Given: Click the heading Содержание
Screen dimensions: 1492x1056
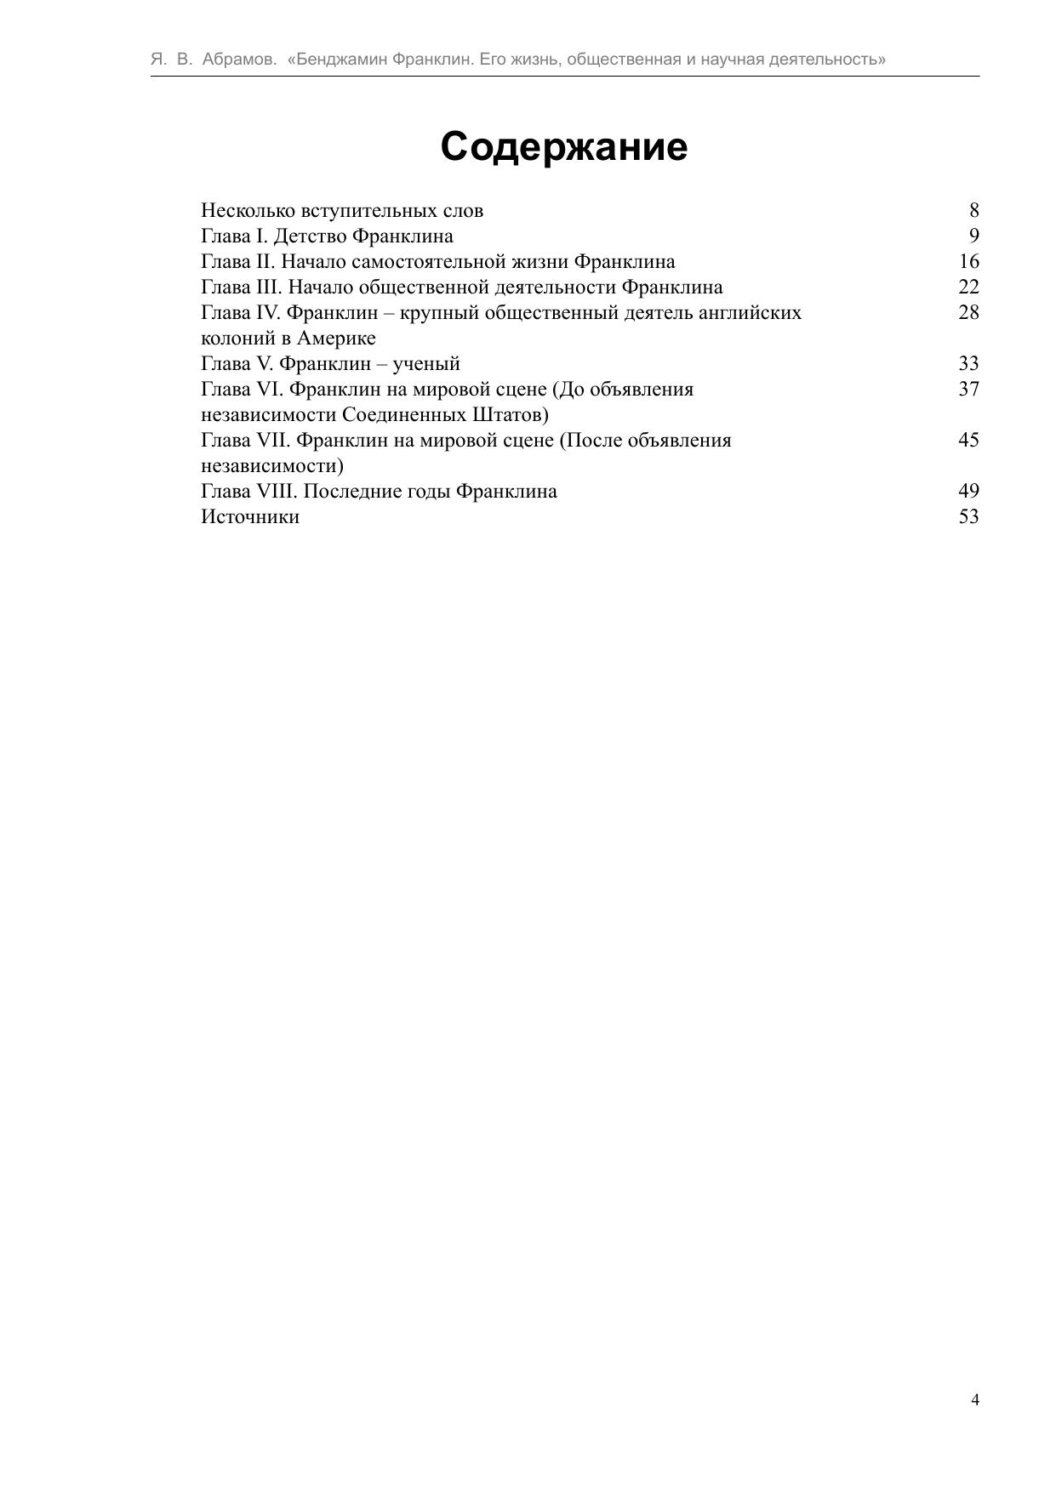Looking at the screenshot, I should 563,146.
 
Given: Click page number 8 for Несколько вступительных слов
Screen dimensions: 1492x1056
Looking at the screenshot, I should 973,210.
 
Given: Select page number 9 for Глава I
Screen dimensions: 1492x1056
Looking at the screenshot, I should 973,236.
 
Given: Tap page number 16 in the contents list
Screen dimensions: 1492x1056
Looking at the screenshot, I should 968,261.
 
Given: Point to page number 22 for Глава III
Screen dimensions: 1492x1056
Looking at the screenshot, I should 968,287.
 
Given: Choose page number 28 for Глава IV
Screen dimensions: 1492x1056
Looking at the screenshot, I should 968,312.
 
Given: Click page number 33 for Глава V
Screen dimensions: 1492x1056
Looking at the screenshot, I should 968,363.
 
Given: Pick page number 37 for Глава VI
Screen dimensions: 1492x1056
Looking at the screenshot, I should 968,389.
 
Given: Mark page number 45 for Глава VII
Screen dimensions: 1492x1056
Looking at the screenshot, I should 968,440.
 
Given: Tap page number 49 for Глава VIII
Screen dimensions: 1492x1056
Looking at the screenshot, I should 968,491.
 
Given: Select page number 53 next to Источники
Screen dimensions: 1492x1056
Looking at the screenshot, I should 968,516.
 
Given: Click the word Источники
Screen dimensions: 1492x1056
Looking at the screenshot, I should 250,516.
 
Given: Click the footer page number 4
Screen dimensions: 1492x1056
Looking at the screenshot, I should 974,1400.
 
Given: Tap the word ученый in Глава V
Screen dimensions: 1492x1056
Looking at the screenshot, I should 425,363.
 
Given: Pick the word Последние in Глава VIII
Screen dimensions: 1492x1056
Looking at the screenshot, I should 346,491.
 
